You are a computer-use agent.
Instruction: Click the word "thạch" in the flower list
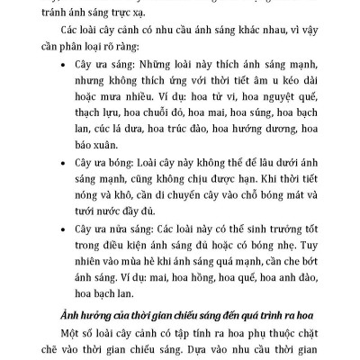pyautogui.click(x=94, y=116)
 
